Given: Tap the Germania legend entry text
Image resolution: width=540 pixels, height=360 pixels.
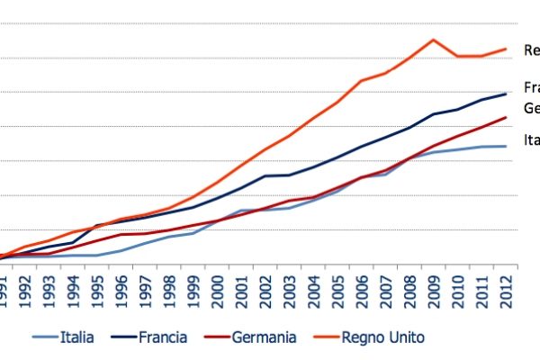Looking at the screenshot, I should click(x=264, y=337).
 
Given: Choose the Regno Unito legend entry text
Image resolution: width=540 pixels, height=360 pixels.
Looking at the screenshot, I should click(x=382, y=337).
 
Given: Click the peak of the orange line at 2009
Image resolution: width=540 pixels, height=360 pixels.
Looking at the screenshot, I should click(x=433, y=40).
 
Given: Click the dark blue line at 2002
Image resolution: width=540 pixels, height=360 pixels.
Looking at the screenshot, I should click(x=265, y=176).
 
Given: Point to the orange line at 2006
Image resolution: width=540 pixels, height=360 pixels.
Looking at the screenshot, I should click(x=361, y=81).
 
